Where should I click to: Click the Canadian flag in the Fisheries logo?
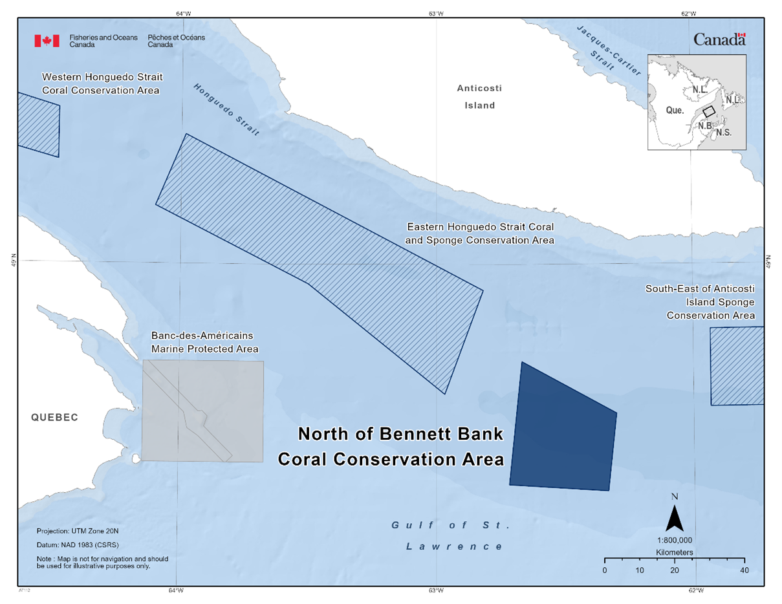[x=47, y=41]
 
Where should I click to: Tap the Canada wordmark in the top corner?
[x=719, y=39]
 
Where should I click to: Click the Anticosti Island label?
[x=479, y=96]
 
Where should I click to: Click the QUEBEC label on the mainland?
[x=54, y=418]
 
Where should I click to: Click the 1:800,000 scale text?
[x=675, y=540]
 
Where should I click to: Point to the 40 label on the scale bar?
[x=744, y=570]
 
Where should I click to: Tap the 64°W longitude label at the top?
[x=184, y=13]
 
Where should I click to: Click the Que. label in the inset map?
[x=675, y=111]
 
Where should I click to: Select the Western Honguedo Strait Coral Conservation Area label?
[x=102, y=83]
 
